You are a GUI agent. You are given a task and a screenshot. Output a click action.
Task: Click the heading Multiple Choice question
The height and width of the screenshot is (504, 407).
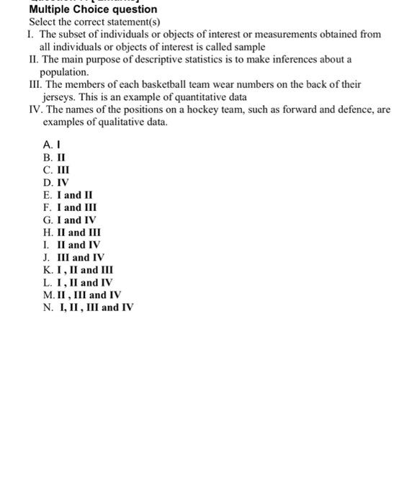point(92,9)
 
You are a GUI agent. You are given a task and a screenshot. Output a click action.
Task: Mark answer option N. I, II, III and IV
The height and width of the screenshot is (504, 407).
point(88,307)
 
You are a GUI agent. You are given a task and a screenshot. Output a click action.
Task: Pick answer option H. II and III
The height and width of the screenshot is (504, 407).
point(72,233)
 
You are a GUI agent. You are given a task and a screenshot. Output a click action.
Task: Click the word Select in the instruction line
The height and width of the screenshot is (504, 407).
point(42,22)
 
